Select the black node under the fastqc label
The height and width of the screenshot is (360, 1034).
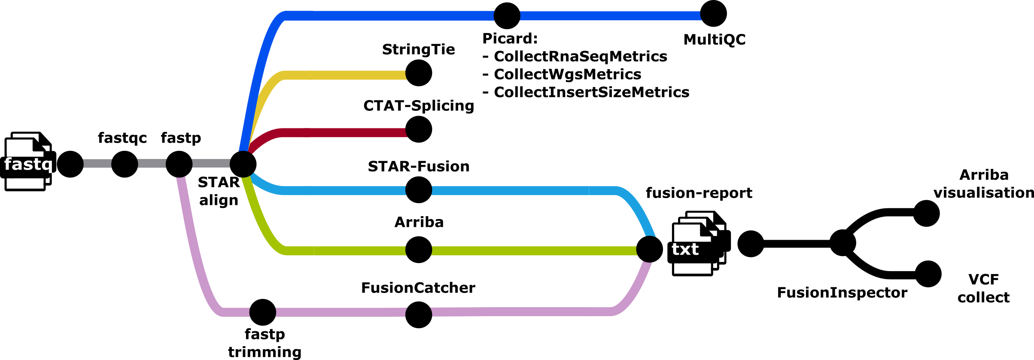click(x=125, y=164)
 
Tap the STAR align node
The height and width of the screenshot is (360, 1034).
click(x=243, y=164)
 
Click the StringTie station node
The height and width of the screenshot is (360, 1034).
click(x=419, y=73)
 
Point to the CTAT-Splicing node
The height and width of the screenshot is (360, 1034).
click(x=419, y=129)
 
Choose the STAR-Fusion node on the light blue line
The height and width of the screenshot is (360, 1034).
click(x=419, y=190)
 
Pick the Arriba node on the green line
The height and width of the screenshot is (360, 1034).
click(x=419, y=250)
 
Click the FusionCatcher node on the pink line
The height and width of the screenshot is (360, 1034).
click(x=419, y=314)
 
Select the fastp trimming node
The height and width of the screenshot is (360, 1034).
click(x=263, y=312)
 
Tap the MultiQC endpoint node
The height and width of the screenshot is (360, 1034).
click(x=714, y=14)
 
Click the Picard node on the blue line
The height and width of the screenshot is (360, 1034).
click(x=507, y=16)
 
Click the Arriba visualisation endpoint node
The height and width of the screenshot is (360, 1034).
click(x=926, y=214)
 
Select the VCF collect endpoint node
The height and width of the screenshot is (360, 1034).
click(x=928, y=274)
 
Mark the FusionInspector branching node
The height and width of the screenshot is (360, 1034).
click(x=842, y=243)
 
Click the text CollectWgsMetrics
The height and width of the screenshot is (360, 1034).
click(x=567, y=74)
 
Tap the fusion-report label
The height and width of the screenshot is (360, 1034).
click(x=699, y=193)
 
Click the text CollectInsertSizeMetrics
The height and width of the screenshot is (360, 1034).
click(x=591, y=92)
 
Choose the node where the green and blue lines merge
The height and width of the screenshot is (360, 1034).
click(x=650, y=249)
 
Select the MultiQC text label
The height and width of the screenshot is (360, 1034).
click(x=715, y=40)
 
